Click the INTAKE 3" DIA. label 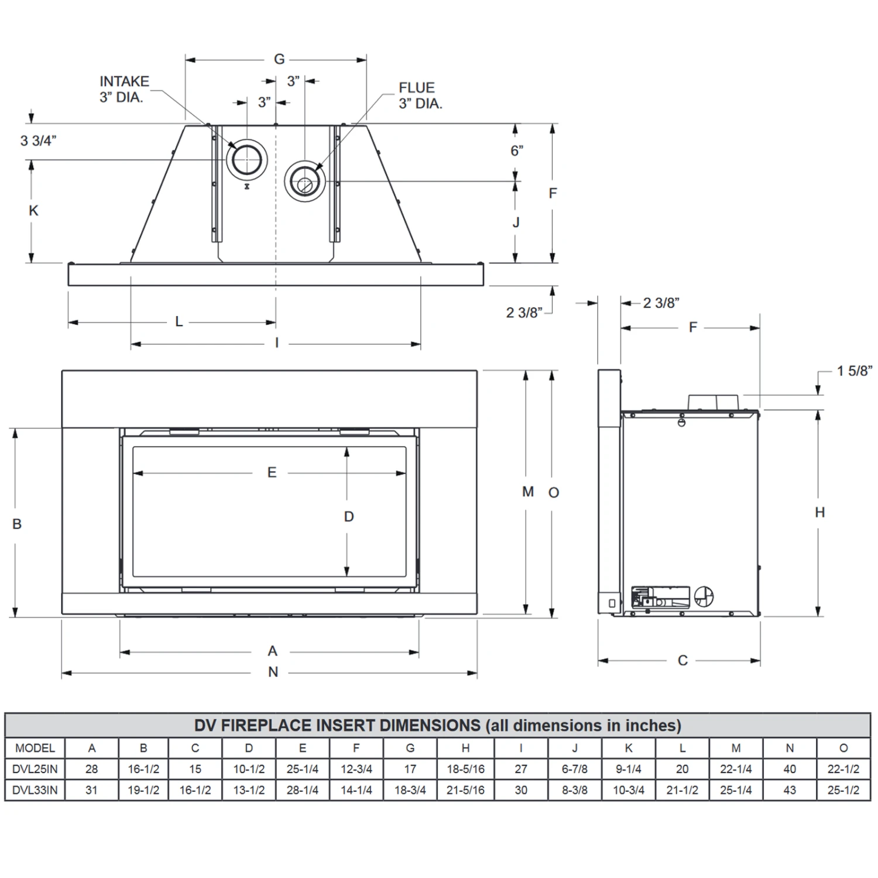pyautogui.click(x=124, y=90)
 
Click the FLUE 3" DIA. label pyautogui.click(x=420, y=96)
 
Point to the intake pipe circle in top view pyautogui.click(x=247, y=159)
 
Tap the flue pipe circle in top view pyautogui.click(x=305, y=181)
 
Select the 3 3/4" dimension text pyautogui.click(x=38, y=140)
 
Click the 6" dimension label pyautogui.click(x=517, y=150)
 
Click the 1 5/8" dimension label pyautogui.click(x=854, y=371)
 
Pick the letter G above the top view pyautogui.click(x=279, y=59)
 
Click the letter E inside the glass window pyautogui.click(x=272, y=472)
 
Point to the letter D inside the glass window pyautogui.click(x=349, y=516)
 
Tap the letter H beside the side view pyautogui.click(x=819, y=512)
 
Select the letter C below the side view pyautogui.click(x=682, y=660)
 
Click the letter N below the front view pyautogui.click(x=273, y=672)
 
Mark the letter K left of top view pyautogui.click(x=33, y=211)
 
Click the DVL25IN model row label pyautogui.click(x=35, y=769)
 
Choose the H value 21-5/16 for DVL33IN pyautogui.click(x=465, y=790)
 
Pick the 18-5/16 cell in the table pyautogui.click(x=465, y=769)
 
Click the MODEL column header pyautogui.click(x=35, y=748)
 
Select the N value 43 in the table pyautogui.click(x=790, y=790)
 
